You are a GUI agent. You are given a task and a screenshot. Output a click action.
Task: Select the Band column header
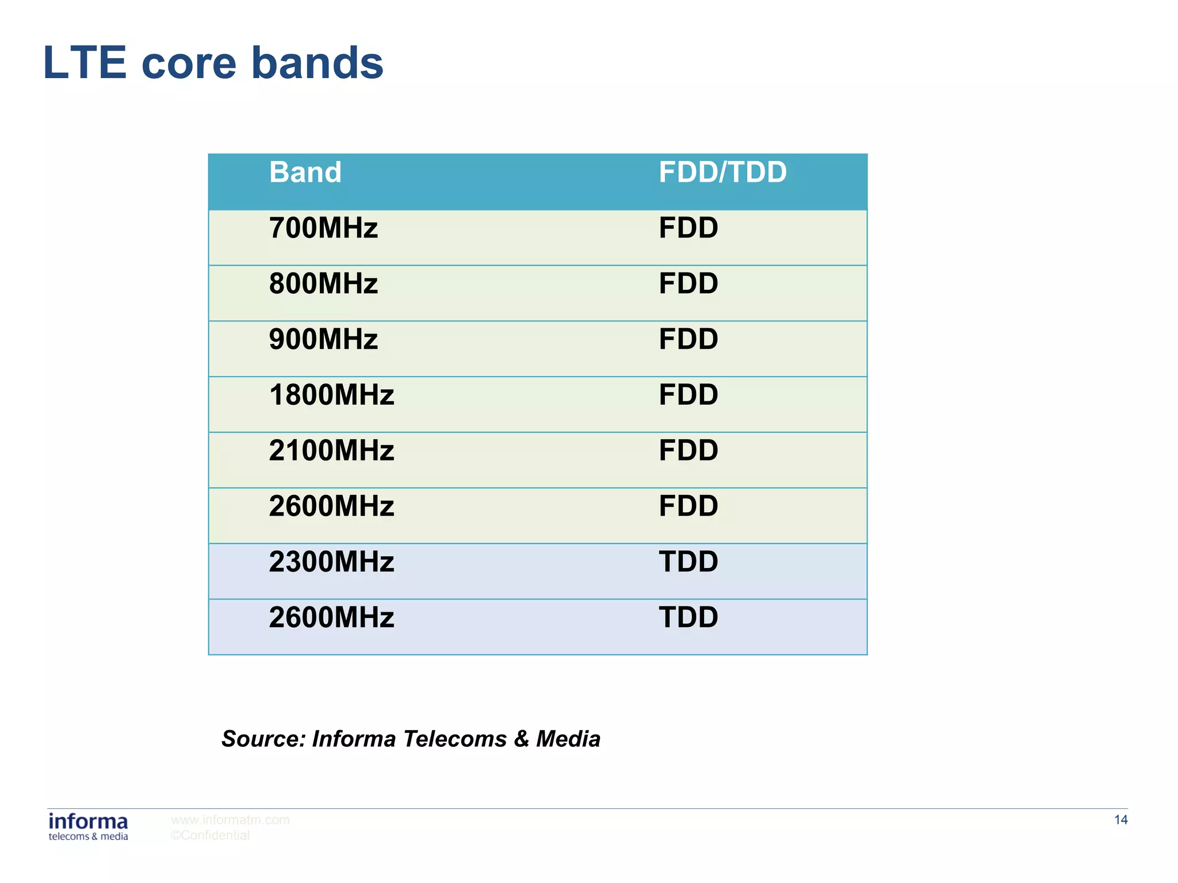(x=305, y=172)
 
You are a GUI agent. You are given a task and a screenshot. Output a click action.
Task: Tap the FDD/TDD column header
(x=722, y=172)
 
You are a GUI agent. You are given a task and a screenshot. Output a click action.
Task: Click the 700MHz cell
(x=323, y=228)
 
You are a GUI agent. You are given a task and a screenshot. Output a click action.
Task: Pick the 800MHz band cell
(x=323, y=284)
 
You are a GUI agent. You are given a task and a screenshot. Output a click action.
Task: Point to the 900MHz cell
(x=323, y=340)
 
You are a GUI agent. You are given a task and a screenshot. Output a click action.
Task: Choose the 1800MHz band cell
(x=331, y=396)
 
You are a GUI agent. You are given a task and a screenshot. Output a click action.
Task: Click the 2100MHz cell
(x=331, y=451)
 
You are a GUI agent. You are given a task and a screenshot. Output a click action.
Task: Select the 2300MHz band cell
(x=331, y=562)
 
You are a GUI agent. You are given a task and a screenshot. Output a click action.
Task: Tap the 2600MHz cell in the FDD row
(x=331, y=506)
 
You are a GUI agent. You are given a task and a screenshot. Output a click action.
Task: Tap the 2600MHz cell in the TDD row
(x=331, y=618)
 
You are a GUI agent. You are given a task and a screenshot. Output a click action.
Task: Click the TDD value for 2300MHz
(x=688, y=562)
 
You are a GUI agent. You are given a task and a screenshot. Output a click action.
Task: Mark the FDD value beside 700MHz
(x=688, y=228)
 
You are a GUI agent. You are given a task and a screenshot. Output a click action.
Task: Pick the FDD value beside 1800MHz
(x=688, y=396)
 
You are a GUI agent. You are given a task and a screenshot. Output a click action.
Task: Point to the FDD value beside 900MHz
(x=688, y=340)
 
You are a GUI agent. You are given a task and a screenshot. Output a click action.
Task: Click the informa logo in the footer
(x=88, y=827)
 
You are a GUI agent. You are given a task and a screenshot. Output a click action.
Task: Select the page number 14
(x=1120, y=820)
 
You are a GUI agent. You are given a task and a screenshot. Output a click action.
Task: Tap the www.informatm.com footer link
(x=230, y=820)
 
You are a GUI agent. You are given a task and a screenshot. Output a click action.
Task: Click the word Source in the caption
(x=263, y=739)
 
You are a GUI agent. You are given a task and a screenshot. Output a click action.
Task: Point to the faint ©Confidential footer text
(x=210, y=835)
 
